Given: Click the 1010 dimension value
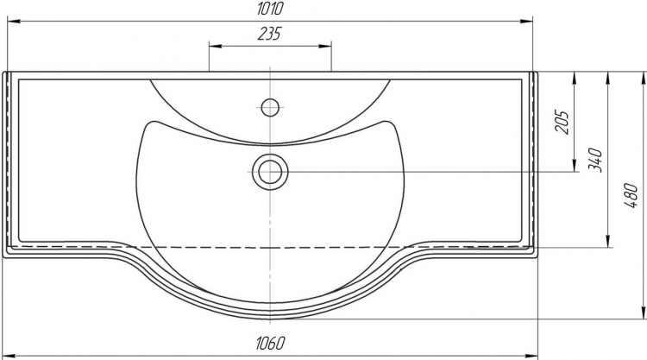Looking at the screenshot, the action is pos(270,9).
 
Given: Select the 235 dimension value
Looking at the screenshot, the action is pos(269,34).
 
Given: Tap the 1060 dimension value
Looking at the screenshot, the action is pos(271,343).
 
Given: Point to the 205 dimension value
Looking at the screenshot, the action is pos(562,123).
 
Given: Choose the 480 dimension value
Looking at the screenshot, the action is pos(631,195).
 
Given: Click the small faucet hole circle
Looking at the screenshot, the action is pos(270,108).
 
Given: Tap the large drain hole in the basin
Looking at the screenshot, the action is pos(270,171).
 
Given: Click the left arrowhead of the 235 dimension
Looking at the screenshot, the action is pos(215,47).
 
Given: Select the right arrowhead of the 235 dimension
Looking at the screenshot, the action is pos(325,47).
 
